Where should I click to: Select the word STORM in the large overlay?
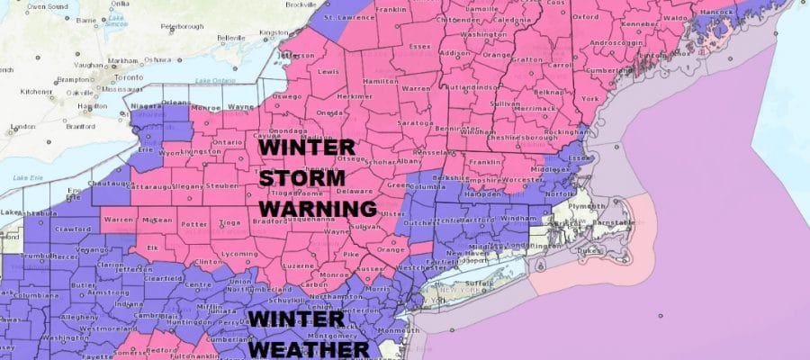(302, 176)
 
